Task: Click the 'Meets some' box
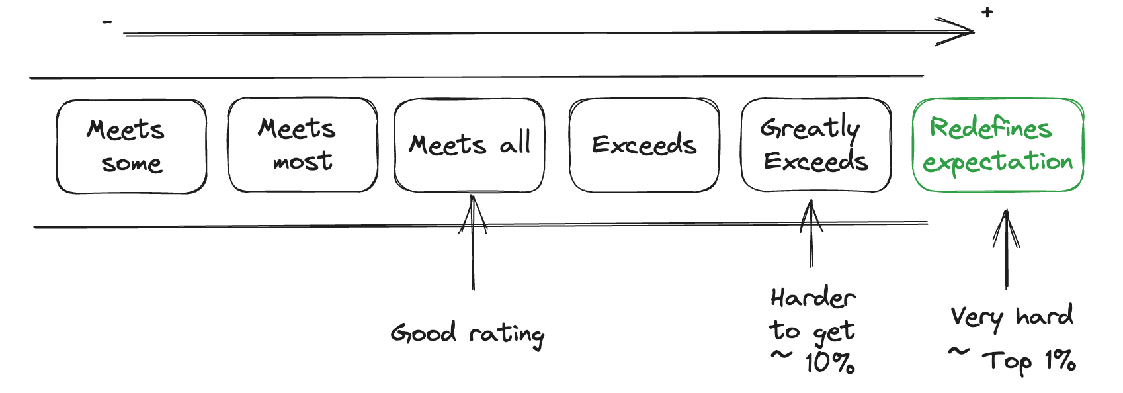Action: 131,146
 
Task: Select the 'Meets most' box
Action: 302,145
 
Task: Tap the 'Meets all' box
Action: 469,145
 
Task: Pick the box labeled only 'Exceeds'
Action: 644,145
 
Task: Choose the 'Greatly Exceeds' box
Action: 815,145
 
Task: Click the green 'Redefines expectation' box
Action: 997,145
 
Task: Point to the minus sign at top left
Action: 107,22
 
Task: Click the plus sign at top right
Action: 987,12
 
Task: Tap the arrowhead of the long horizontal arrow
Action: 959,31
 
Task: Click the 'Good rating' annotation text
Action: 467,333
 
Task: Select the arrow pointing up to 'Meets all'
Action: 473,245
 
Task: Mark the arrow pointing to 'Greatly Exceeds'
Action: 811,235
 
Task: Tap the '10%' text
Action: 829,363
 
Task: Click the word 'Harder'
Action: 812,298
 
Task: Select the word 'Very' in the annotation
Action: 977,318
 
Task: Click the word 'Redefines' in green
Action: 990,128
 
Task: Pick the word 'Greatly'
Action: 810,128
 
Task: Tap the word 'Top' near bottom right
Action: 1007,362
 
